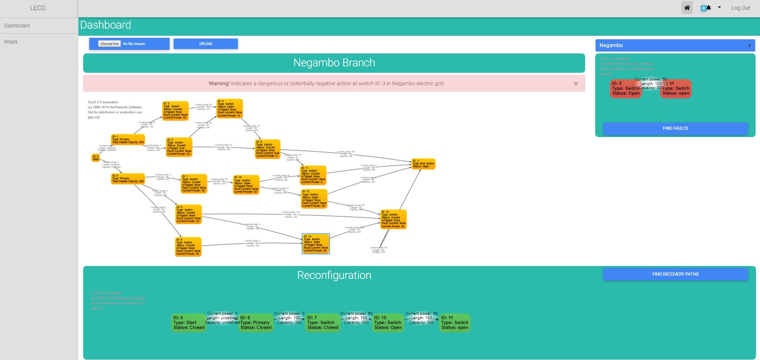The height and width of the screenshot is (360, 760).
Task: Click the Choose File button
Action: click(x=109, y=44)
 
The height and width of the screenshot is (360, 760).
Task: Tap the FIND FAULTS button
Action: click(x=675, y=129)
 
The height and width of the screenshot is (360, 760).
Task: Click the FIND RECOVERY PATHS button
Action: click(x=675, y=274)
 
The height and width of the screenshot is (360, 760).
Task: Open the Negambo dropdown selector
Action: click(x=675, y=45)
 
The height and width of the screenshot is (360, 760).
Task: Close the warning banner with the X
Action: click(x=576, y=84)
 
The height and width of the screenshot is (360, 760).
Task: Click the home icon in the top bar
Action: click(x=687, y=8)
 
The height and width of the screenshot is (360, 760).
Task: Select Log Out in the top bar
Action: click(x=740, y=8)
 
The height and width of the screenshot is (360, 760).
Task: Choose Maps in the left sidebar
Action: click(x=11, y=42)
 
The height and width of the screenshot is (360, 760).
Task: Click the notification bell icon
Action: click(x=709, y=8)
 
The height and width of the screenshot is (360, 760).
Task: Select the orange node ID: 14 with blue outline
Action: click(x=315, y=244)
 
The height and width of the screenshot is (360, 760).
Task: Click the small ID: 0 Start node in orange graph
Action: click(x=96, y=158)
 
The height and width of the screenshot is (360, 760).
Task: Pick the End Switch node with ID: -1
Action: click(x=423, y=164)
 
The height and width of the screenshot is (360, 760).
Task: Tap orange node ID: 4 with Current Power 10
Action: click(x=229, y=108)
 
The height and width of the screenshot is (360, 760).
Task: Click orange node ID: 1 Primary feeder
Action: click(x=128, y=139)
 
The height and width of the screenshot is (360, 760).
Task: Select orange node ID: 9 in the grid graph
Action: click(x=188, y=247)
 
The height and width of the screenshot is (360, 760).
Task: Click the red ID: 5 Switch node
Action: click(x=625, y=89)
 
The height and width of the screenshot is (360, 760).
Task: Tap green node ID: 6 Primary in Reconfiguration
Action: click(x=256, y=323)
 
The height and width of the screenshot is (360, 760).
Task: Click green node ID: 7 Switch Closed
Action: click(x=323, y=323)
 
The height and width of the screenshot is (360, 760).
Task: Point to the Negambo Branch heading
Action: click(x=334, y=63)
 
